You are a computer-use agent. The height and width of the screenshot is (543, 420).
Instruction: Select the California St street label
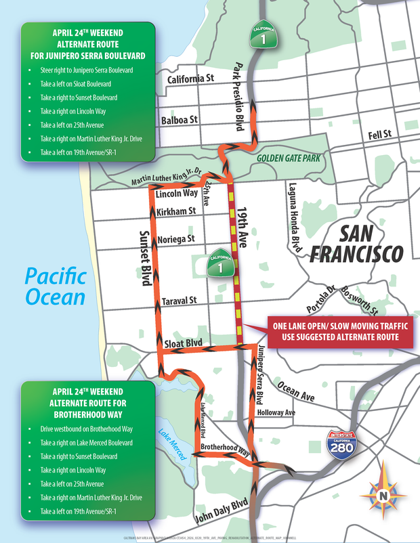(x=190, y=79)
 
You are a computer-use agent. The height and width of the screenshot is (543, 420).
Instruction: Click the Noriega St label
(x=175, y=239)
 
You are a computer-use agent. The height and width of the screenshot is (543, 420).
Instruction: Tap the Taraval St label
(x=178, y=300)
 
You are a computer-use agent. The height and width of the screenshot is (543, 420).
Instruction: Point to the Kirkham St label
(x=175, y=212)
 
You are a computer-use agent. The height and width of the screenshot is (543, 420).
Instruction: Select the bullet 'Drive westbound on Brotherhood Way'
(x=85, y=429)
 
